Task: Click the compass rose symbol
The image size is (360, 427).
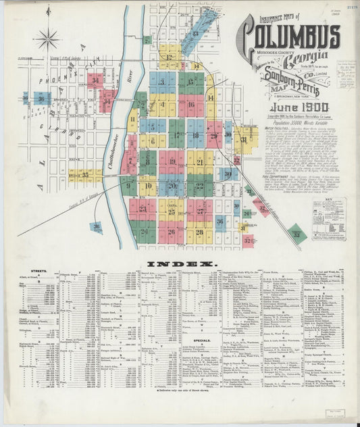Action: click(48, 39)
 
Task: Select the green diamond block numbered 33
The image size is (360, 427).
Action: click(296, 234)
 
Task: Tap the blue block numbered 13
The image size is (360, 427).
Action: click(195, 32)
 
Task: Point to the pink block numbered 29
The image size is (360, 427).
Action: click(214, 136)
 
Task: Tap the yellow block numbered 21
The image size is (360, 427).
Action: click(199, 161)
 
